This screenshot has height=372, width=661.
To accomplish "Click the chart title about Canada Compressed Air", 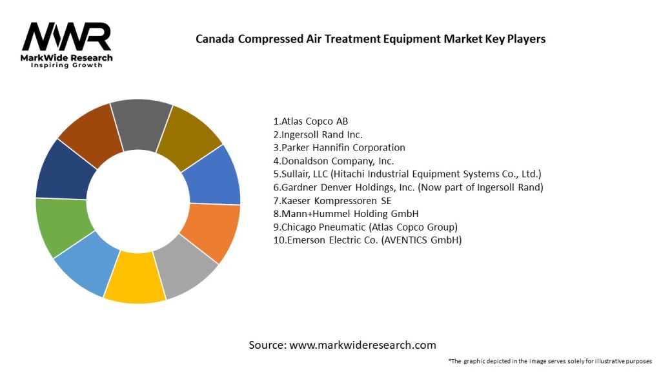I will tap(371, 39).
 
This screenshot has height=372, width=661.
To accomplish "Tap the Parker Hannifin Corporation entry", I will tap(339, 147).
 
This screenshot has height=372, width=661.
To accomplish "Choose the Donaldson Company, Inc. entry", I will tap(333, 161).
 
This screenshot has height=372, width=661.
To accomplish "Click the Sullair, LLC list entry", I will tap(407, 174).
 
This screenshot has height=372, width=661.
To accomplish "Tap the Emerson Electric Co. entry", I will tap(367, 240).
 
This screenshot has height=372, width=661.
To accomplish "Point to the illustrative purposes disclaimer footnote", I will tap(550, 360).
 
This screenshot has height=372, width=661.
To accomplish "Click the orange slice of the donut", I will tap(212, 232).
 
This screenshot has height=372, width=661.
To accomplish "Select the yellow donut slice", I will tap(134, 282).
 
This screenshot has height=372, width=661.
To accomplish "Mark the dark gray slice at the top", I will tap(140, 119).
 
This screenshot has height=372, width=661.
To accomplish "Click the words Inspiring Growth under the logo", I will tap(66, 66).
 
